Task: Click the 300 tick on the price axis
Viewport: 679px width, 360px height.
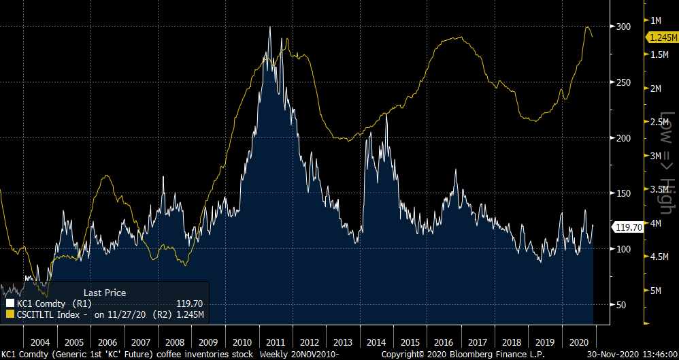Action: coord(623,27)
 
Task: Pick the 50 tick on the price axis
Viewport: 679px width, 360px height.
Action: coord(621,304)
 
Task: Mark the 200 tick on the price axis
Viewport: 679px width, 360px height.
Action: coord(623,137)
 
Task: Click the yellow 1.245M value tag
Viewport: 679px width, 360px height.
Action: coord(661,37)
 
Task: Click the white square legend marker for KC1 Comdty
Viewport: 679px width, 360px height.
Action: coord(10,304)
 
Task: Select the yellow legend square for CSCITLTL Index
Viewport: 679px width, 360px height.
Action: coord(10,314)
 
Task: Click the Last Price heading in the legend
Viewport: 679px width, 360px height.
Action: coord(104,293)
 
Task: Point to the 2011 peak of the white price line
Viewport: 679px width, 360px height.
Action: coord(270,27)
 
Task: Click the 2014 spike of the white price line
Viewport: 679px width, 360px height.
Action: coord(386,114)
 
